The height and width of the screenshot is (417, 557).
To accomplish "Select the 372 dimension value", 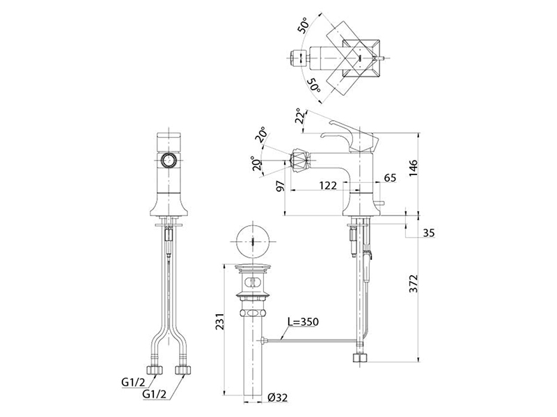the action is point(413,284).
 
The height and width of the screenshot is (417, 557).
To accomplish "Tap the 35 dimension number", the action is point(428,233).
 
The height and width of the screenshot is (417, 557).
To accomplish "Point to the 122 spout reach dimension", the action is point(327,185).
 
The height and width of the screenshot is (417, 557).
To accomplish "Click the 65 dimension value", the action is point(390,177).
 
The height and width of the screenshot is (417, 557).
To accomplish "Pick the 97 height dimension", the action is point(281,186).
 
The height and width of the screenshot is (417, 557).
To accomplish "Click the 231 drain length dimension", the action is point(220,321).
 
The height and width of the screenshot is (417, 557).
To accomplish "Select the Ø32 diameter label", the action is point(277,398).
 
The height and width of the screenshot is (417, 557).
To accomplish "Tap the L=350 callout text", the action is point(303,322).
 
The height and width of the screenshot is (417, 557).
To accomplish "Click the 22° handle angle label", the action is point(300,115).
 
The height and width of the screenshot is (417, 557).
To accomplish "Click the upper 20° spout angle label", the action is point(262,134).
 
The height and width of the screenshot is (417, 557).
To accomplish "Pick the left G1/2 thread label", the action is point(134,382).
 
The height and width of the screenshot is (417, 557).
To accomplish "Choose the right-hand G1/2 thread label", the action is point(154,393).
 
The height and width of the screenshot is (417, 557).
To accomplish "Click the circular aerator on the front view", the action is point(168,160).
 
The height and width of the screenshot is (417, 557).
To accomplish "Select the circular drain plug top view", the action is point(253,242).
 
